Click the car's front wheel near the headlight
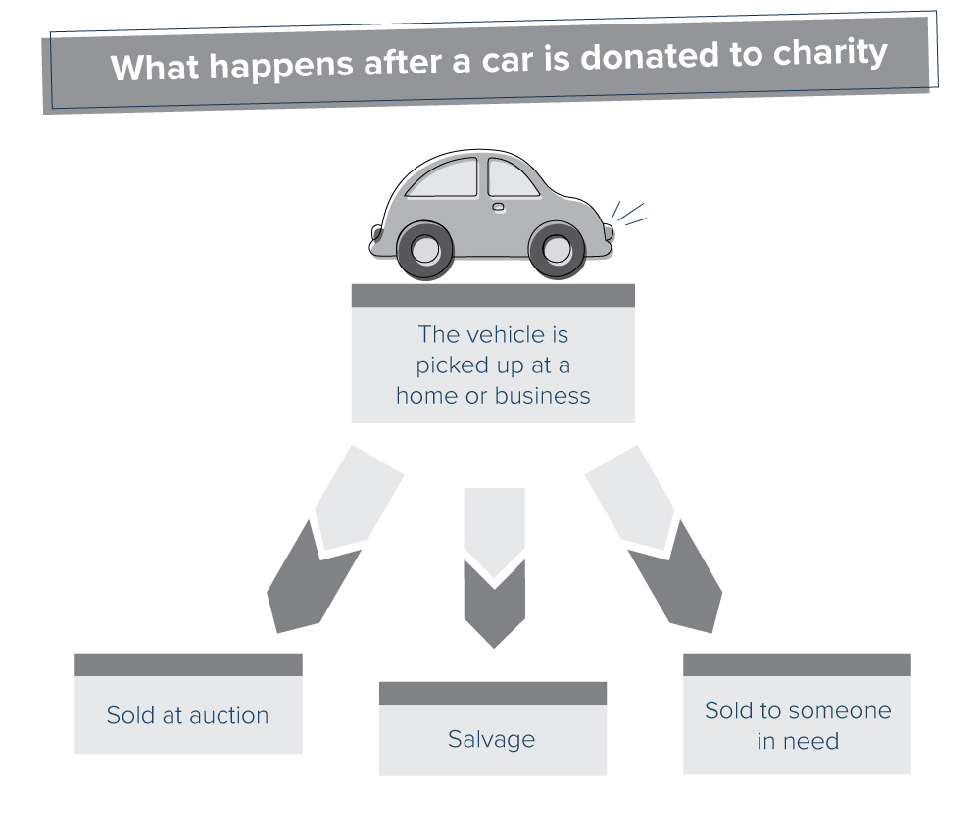pyautogui.click(x=557, y=249)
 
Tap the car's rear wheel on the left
pyautogui.click(x=424, y=249)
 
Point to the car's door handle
pyautogui.click(x=498, y=207)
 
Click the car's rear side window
pyautogui.click(x=442, y=179)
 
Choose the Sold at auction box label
pyautogui.click(x=187, y=715)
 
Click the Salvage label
pyautogui.click(x=492, y=739)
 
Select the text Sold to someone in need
pyautogui.click(x=798, y=725)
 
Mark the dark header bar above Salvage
pyautogui.click(x=493, y=693)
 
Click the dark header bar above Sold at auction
pyautogui.click(x=188, y=664)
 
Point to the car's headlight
pyautogui.click(x=608, y=232)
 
